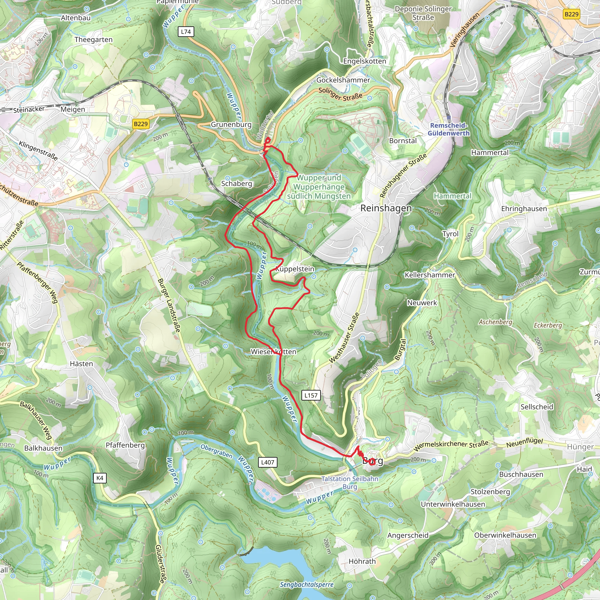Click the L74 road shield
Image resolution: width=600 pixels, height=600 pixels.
[186, 32]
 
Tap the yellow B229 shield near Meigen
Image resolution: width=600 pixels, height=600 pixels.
[141, 124]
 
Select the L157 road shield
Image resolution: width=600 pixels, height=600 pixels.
[311, 395]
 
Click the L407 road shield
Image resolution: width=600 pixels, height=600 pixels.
[267, 462]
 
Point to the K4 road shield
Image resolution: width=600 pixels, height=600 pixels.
[100, 478]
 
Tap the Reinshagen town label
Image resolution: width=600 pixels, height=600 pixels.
[386, 208]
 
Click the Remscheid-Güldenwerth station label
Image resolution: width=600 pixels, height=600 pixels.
[449, 129]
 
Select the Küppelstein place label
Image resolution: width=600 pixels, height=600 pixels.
[295, 269]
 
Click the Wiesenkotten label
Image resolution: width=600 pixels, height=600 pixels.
[273, 352]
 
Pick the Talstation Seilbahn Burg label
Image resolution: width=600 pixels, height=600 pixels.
[350, 483]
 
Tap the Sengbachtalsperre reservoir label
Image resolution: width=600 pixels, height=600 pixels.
[306, 584]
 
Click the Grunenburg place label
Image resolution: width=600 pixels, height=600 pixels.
[231, 125]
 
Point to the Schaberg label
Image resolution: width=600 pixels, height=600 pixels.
[236, 183]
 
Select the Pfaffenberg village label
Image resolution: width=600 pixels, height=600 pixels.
[125, 445]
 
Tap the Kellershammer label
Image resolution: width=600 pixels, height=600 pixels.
[429, 275]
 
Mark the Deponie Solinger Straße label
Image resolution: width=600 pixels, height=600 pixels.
[423, 13]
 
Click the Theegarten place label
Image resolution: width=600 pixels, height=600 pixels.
[93, 40]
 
